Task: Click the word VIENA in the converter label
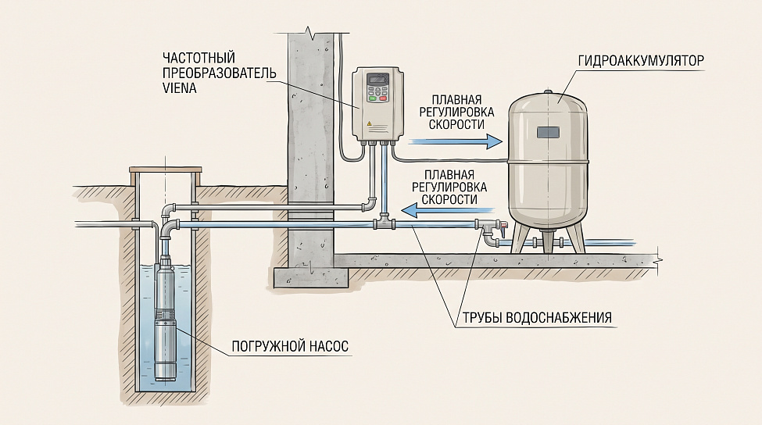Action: point(179,88)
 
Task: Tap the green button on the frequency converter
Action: point(373,98)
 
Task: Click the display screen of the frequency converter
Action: point(377,79)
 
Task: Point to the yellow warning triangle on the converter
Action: point(369,124)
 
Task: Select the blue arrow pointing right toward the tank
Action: point(455,142)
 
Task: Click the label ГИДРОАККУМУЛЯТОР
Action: point(641,61)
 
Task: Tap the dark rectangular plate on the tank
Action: point(549,133)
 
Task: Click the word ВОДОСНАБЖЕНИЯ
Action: point(559,318)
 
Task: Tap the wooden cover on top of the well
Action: point(165,170)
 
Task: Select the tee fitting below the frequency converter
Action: point(385,224)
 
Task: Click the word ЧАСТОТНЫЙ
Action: point(199,58)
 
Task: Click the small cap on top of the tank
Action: point(548,91)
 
